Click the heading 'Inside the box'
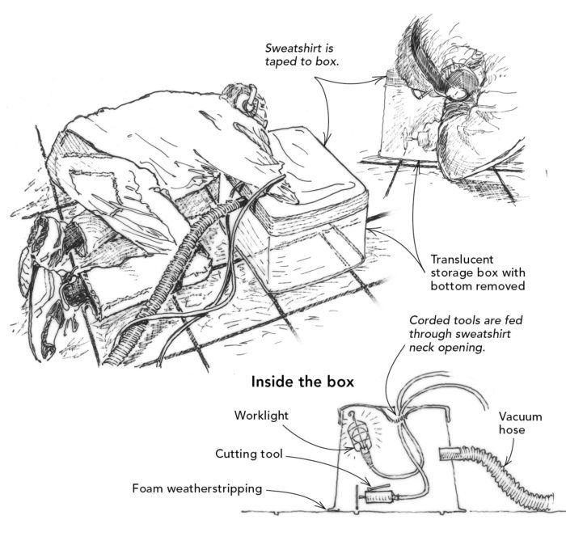coord(302,382)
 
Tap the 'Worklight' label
coord(261,416)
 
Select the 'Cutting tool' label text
coord(249,454)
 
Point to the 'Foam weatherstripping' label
coord(197,488)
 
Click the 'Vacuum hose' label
coord(520,423)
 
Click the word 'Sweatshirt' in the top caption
coord(299,48)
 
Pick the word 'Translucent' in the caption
coord(462,260)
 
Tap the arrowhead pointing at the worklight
coord(353,449)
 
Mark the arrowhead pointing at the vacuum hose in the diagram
coord(506,463)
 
